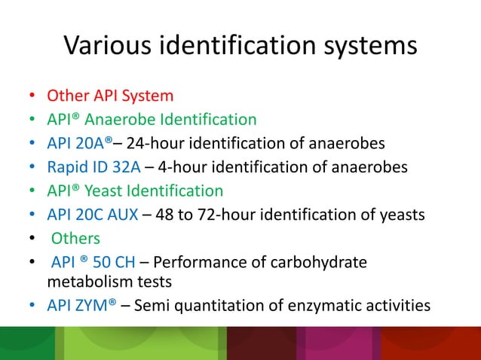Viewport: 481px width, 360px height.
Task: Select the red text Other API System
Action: tap(110, 96)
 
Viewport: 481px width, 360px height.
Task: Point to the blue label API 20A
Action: tap(78, 143)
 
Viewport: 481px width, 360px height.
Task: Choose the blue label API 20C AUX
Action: tap(92, 215)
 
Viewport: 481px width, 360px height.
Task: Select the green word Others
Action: tap(75, 239)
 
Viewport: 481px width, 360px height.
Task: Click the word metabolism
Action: tap(79, 281)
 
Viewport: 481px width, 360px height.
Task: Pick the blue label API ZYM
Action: tap(82, 305)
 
